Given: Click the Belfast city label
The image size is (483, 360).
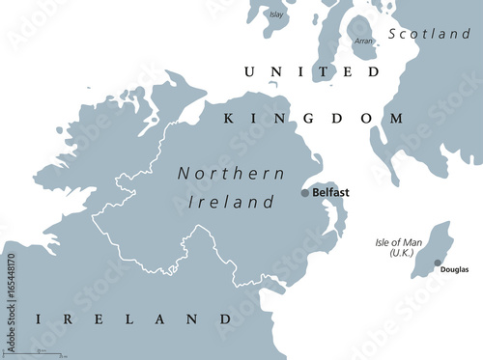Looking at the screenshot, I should coord(330,193).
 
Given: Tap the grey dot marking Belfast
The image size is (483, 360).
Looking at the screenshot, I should coord(305,193).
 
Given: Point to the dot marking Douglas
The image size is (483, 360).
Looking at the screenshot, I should coord(438,263).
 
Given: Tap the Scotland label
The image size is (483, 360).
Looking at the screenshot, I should coord(429,34).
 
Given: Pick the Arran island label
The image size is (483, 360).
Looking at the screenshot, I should coord(363,42).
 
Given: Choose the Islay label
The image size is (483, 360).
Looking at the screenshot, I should coord(277,15).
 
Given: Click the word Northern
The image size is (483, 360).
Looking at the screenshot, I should coord(231,174).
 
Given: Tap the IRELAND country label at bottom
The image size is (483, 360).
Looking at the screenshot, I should coord(133,318).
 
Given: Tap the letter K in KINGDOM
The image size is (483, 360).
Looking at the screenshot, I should coord(229,118).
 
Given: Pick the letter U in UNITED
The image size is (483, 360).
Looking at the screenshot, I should coord(249,72).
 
